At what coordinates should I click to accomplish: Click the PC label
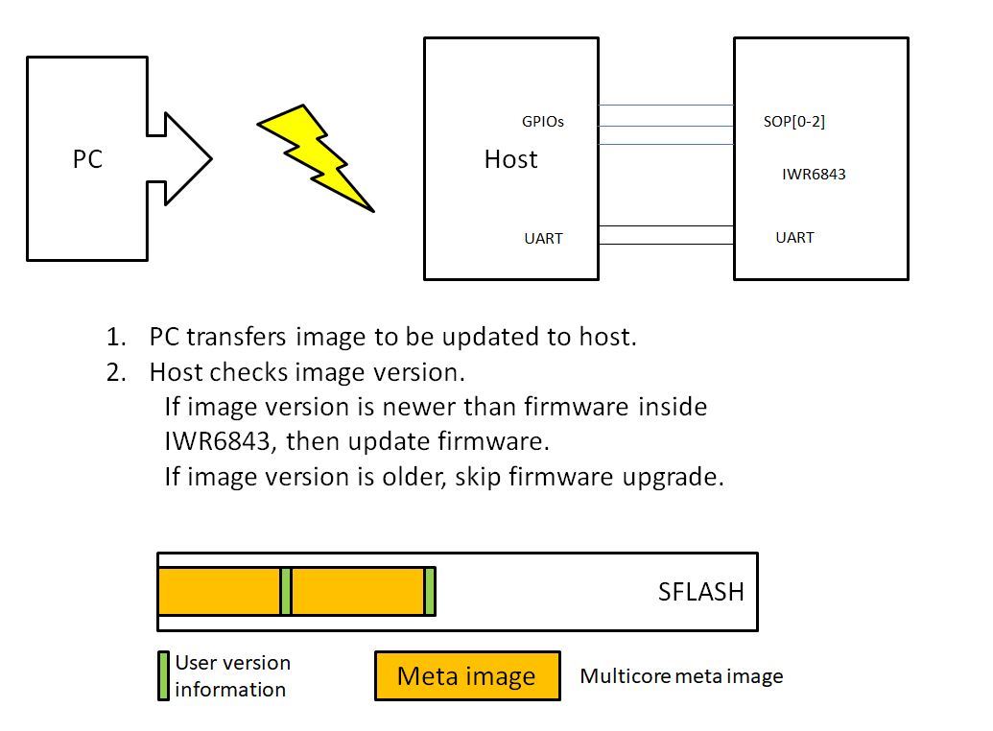[87, 159]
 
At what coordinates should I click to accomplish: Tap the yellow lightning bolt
[316, 157]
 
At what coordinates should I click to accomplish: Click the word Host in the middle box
[510, 159]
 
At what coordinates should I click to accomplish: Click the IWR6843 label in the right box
[815, 175]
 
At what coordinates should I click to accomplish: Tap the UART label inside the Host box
[543, 238]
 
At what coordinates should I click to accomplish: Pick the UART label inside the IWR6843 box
[794, 237]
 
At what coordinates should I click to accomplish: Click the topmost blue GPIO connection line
[666, 106]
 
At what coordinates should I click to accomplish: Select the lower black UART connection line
[666, 245]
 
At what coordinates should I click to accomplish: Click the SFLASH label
[700, 592]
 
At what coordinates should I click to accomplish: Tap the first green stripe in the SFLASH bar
[286, 591]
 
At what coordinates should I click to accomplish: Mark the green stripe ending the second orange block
[430, 591]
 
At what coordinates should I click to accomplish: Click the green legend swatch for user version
[163, 676]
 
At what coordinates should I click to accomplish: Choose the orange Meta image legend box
[466, 676]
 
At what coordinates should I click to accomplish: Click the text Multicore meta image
[681, 676]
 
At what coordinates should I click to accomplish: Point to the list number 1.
[116, 338]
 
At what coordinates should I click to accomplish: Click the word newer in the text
[415, 407]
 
